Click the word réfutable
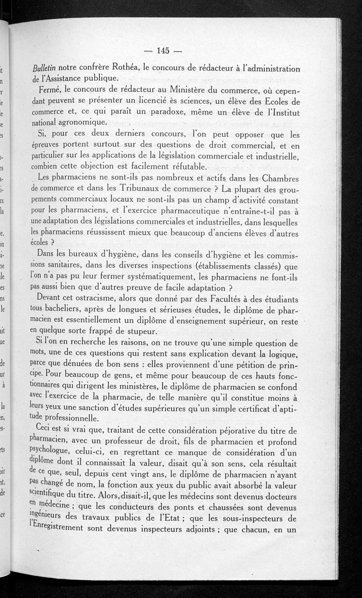pos(181,166)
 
